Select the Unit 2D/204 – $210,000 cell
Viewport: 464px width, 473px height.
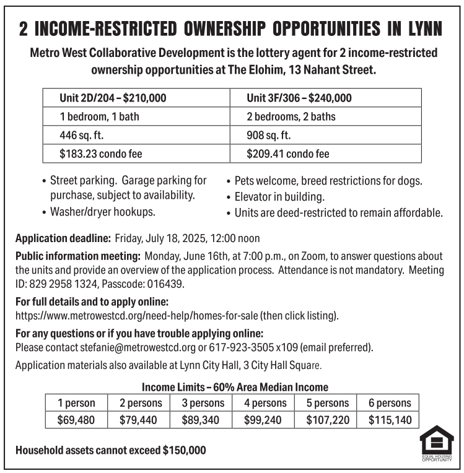[x=136, y=98]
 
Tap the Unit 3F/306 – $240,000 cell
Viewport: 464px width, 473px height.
[x=325, y=98]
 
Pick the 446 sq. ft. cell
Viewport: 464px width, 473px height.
[x=136, y=135]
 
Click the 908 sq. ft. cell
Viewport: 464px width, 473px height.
[x=325, y=135]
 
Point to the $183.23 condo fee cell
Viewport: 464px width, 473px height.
[x=136, y=154]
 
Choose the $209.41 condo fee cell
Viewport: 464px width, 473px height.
[x=325, y=154]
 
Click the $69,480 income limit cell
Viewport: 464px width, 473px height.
[x=76, y=420]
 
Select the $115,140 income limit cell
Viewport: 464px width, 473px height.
[x=390, y=420]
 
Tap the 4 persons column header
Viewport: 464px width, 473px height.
[x=265, y=403]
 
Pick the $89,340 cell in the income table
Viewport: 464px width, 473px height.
[x=203, y=420]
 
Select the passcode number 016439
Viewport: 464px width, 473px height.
[x=168, y=285]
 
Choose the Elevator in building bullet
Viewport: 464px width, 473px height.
[x=279, y=197]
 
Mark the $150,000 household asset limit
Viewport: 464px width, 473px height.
[x=184, y=450]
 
